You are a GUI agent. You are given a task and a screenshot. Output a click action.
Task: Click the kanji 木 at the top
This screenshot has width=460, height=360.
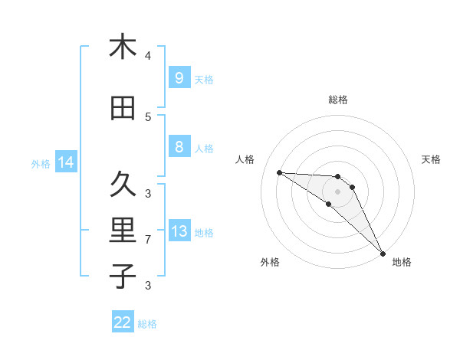point(123,47)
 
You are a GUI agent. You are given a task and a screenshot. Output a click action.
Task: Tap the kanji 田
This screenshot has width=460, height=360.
point(123,109)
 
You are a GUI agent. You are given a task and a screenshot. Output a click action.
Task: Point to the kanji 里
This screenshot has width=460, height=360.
point(123,230)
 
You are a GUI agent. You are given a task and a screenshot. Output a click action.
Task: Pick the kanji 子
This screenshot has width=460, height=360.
point(123,275)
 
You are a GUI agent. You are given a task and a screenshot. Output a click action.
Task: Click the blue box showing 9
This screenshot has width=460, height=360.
point(179,77)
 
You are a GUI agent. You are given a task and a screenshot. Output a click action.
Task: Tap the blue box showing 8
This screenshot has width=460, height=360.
point(179,147)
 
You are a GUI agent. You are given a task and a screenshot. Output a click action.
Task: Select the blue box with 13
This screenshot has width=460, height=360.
point(179,231)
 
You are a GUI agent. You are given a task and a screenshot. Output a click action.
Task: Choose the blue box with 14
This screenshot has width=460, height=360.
point(65,162)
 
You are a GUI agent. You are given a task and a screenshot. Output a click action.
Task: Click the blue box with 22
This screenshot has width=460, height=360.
point(123,322)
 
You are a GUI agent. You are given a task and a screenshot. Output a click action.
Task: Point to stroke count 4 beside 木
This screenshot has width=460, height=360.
point(148,56)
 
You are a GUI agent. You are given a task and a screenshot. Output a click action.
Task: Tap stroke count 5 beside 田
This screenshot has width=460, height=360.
point(148,117)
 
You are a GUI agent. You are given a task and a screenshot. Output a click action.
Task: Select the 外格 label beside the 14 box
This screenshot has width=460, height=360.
point(41,163)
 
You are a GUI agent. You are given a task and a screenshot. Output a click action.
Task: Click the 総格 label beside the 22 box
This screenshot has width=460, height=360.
point(147,324)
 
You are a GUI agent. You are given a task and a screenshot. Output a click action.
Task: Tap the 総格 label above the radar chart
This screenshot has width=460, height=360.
point(337,100)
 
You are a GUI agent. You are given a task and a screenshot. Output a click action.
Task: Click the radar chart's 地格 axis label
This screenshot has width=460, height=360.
point(402,262)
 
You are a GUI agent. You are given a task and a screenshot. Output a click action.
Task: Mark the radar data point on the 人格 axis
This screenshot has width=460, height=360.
point(279,172)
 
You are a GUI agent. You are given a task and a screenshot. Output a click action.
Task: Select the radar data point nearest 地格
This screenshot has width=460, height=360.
point(382,253)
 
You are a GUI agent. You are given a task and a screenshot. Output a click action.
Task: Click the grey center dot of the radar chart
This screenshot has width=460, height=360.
point(337,191)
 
